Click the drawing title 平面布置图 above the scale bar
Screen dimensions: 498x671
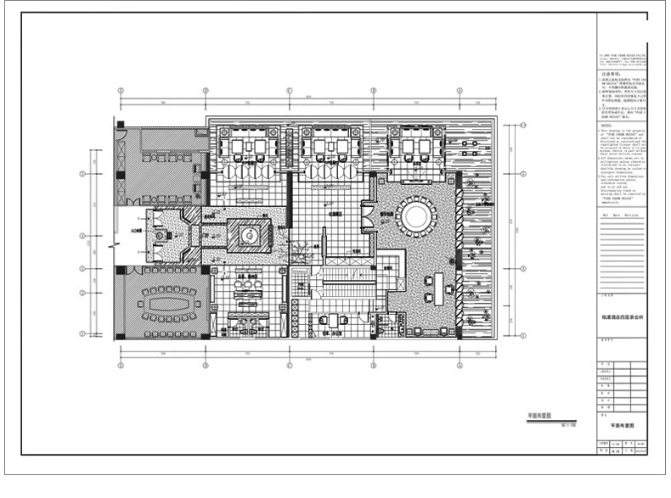pos(540,417)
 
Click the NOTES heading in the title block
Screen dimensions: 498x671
pos(606,123)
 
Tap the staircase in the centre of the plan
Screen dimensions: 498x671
pos(340,293)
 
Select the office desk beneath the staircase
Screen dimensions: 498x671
pos(338,320)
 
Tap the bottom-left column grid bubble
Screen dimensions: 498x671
pos(120,366)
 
